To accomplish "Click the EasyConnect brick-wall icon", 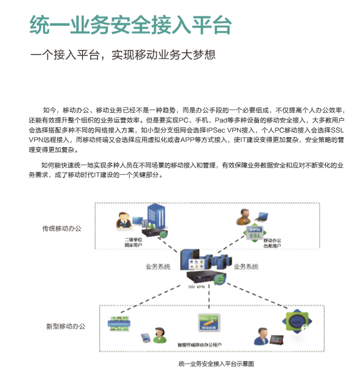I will click(x=119, y=324).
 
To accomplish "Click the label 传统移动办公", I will click(x=62, y=228).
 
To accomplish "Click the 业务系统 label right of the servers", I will click(x=246, y=267).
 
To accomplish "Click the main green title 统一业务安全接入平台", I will click(x=130, y=26).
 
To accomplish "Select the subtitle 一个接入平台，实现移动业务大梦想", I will click(x=123, y=56).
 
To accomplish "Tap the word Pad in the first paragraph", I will click(x=221, y=120).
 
